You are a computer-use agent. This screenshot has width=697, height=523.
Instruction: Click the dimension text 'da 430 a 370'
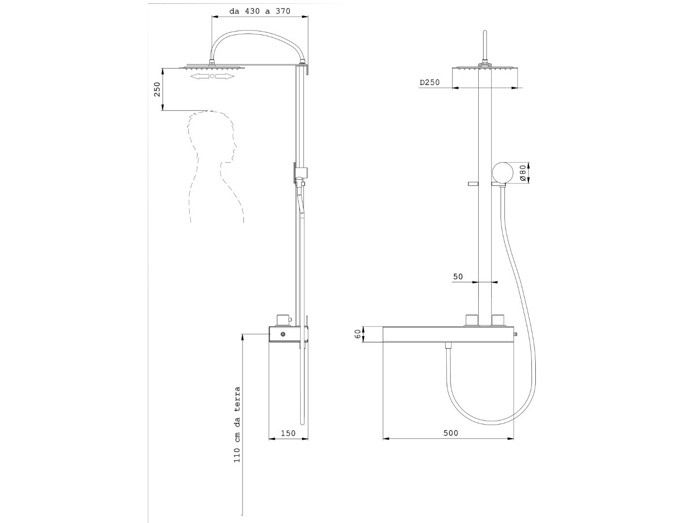[260, 12]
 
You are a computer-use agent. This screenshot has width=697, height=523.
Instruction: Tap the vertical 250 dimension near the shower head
[157, 90]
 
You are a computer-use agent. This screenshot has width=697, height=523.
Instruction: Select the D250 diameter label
[430, 82]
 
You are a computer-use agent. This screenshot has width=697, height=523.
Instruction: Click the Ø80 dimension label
[523, 173]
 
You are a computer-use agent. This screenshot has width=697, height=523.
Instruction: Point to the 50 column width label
[458, 277]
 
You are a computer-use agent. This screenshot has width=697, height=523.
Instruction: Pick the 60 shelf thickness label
[358, 334]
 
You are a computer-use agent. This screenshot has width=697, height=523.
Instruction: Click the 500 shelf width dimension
[451, 433]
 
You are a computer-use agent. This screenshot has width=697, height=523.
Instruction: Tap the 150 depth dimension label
[288, 433]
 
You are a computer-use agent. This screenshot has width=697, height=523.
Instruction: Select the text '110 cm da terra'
[237, 425]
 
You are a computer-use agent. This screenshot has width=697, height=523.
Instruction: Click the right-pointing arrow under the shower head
[225, 76]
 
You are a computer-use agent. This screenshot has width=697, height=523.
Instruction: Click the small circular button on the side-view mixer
[282, 334]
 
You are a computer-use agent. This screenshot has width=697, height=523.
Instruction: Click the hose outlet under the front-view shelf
[448, 346]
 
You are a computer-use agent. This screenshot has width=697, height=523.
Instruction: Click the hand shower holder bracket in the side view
[301, 173]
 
